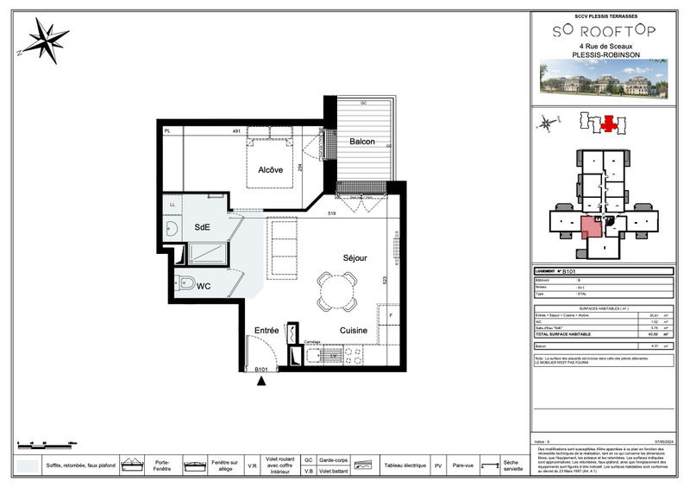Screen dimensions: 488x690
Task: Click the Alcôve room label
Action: point(270,170)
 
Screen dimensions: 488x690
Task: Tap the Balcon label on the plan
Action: point(362,142)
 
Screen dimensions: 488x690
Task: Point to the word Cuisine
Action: point(354,330)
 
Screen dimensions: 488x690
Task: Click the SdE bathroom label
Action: point(203,227)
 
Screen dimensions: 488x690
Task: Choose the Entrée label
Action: point(266,330)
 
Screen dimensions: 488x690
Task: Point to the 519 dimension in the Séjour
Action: point(331,212)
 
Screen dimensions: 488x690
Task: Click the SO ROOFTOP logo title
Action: point(603,31)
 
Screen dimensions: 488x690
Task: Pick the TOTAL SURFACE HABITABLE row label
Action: point(564,333)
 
